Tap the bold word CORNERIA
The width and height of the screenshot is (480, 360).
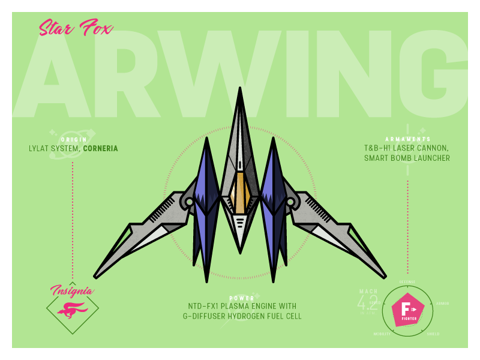(100, 149)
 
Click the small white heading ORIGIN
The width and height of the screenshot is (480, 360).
(74, 139)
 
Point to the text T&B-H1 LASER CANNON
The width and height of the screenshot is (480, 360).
(407, 148)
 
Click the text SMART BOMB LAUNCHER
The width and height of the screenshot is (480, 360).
(407, 158)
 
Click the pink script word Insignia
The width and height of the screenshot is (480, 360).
(72, 291)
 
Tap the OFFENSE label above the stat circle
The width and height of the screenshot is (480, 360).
(407, 281)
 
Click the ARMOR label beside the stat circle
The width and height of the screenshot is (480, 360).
(442, 303)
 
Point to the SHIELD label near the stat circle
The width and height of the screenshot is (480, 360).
(433, 334)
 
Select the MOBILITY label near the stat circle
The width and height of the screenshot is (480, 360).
(382, 334)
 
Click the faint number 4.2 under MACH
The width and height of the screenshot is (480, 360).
(367, 302)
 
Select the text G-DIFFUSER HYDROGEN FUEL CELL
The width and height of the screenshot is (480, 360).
(242, 316)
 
